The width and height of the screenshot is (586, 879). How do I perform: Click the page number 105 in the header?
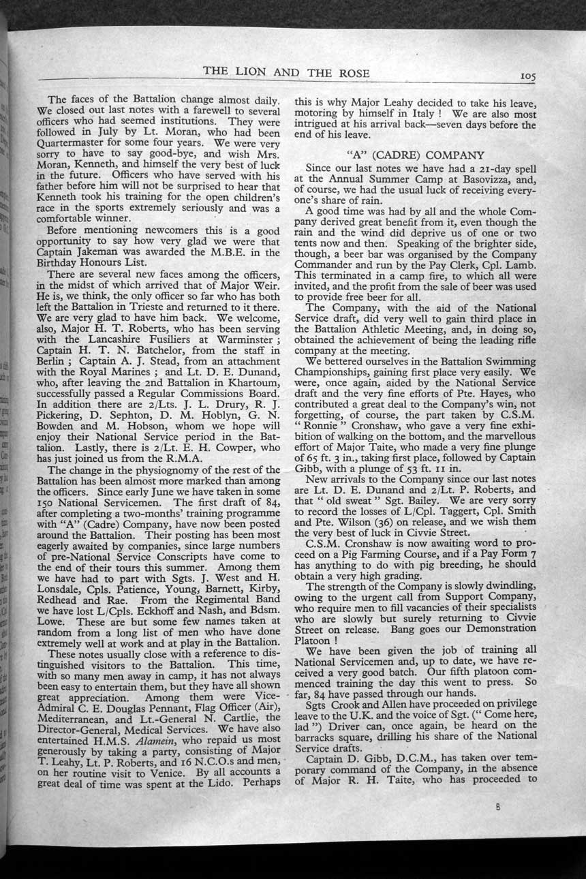coord(526,76)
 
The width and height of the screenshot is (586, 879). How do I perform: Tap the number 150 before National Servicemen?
coord(50,493)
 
